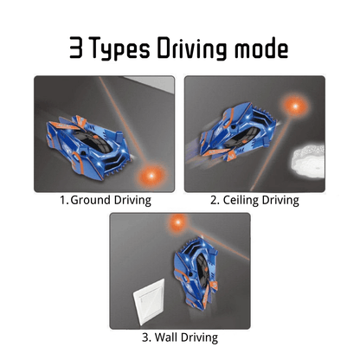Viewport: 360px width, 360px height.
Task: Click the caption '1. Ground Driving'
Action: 105,200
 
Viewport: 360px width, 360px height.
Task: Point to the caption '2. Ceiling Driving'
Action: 254,200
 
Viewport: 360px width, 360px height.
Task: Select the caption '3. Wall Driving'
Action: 179,337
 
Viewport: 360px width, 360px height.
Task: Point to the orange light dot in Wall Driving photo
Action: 180,223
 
